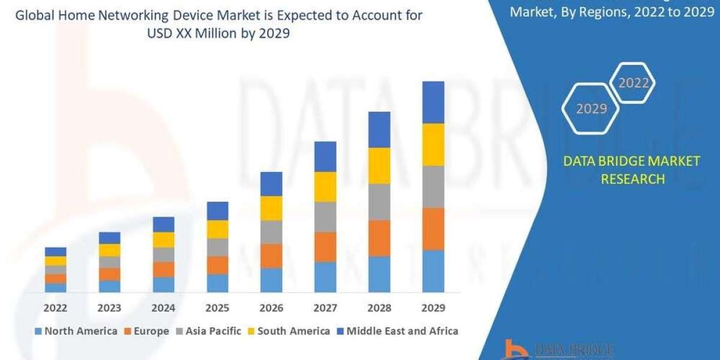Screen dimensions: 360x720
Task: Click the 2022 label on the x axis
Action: [x=55, y=308]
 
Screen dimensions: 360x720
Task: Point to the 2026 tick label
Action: [x=271, y=308]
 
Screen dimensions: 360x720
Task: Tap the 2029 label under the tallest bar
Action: [x=433, y=308]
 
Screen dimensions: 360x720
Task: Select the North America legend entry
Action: [x=76, y=331]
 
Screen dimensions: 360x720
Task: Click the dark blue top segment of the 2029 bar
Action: [x=433, y=103]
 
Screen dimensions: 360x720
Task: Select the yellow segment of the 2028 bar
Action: [x=379, y=166]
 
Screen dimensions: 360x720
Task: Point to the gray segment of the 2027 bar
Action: [x=325, y=217]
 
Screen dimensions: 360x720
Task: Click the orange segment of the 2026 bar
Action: [x=271, y=256]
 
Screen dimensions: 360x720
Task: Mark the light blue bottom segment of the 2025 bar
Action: [x=217, y=283]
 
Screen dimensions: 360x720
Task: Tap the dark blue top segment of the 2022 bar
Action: [x=55, y=251]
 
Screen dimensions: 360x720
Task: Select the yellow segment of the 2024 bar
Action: [x=163, y=239]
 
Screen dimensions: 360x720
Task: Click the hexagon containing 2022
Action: [x=633, y=83]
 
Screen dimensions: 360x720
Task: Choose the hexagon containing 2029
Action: [x=592, y=109]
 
